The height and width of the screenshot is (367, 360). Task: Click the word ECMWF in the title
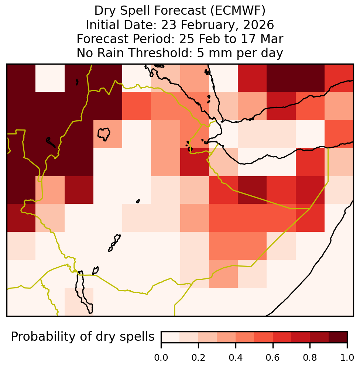pyautogui.click(x=238, y=11)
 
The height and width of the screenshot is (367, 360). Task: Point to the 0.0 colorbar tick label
pyautogui.click(x=161, y=358)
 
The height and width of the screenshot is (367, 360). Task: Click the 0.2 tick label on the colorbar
pyautogui.click(x=198, y=358)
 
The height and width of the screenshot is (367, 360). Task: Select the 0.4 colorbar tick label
pyautogui.click(x=236, y=358)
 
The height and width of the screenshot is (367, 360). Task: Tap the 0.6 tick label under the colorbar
pyautogui.click(x=273, y=358)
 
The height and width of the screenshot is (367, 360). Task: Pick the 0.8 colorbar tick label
pyautogui.click(x=310, y=358)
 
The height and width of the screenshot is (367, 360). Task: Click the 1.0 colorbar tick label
pyautogui.click(x=347, y=358)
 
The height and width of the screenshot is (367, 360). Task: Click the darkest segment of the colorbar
pyautogui.click(x=338, y=337)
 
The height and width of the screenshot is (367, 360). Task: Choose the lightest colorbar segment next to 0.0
pyautogui.click(x=171, y=337)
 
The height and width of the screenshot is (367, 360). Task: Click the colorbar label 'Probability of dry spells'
pyautogui.click(x=83, y=337)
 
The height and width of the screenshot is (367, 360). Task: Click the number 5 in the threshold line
pyautogui.click(x=200, y=53)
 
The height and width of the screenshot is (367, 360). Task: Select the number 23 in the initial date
pyautogui.click(x=168, y=25)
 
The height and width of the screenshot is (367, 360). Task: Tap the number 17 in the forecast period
pyautogui.click(x=248, y=39)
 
